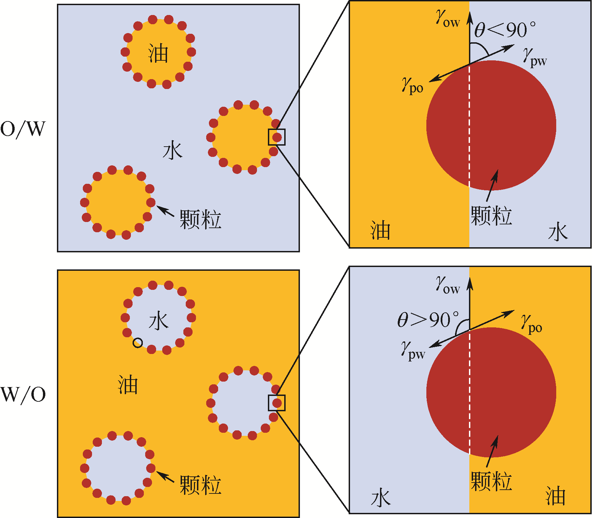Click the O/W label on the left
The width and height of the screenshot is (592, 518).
pyautogui.click(x=22, y=129)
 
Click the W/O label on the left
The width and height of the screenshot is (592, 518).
pyautogui.click(x=23, y=395)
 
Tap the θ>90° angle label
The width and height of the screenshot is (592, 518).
pyautogui.click(x=428, y=320)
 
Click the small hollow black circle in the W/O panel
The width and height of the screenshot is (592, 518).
pyautogui.click(x=138, y=343)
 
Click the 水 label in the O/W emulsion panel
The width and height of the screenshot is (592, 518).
pyautogui.click(x=172, y=151)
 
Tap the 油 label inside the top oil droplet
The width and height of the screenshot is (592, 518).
pyautogui.click(x=158, y=54)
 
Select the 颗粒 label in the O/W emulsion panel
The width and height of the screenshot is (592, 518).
pyautogui.click(x=200, y=220)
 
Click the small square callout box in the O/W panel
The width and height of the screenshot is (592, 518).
pyautogui.click(x=277, y=137)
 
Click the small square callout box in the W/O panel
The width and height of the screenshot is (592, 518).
pyautogui.click(x=277, y=403)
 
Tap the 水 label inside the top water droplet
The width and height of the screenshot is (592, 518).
pyautogui.click(x=158, y=321)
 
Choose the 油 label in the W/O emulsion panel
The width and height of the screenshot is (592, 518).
pyautogui.click(x=128, y=385)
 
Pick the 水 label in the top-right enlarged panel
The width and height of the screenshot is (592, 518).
pyautogui.click(x=558, y=232)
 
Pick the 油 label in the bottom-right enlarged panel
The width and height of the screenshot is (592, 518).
pyautogui.click(x=556, y=496)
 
